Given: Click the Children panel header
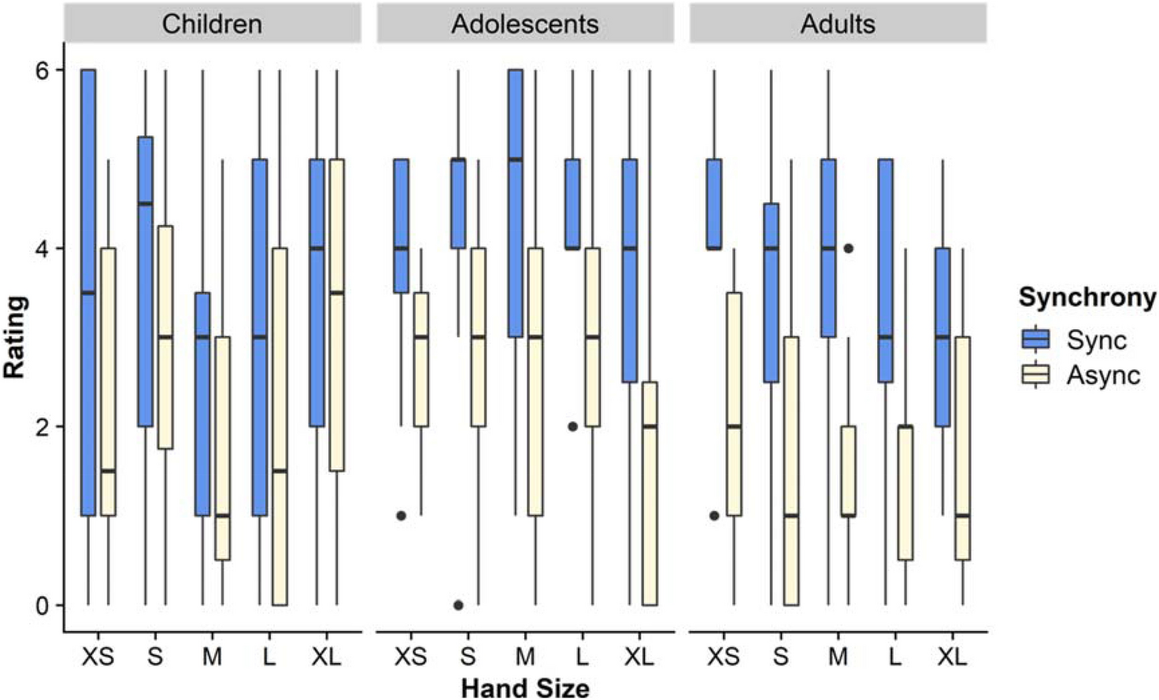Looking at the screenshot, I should (x=212, y=24).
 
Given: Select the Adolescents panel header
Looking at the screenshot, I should (x=524, y=24).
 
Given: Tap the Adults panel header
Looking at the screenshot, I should (x=838, y=24).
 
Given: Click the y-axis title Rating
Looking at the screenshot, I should (x=15, y=337).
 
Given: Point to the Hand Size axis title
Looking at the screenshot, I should (x=524, y=687).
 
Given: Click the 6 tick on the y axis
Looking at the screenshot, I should (x=42, y=70).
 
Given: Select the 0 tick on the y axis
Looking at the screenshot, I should (x=42, y=606).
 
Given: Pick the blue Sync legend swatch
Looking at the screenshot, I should (x=1035, y=339).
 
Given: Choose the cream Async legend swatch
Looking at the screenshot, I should (x=1035, y=375).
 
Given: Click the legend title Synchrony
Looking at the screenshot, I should (x=1087, y=298).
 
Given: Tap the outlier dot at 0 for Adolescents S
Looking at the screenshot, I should (x=458, y=606).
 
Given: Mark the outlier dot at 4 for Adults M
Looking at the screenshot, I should (x=848, y=248).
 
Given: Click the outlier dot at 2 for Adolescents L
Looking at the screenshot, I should (x=572, y=427).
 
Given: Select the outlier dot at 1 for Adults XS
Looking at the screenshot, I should (x=714, y=516).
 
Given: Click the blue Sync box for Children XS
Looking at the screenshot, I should (x=88, y=293).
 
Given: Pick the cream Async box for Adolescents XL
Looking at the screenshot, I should (x=650, y=494).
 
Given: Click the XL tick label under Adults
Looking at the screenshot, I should (x=952, y=656).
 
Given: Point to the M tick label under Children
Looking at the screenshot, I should (x=212, y=656).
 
